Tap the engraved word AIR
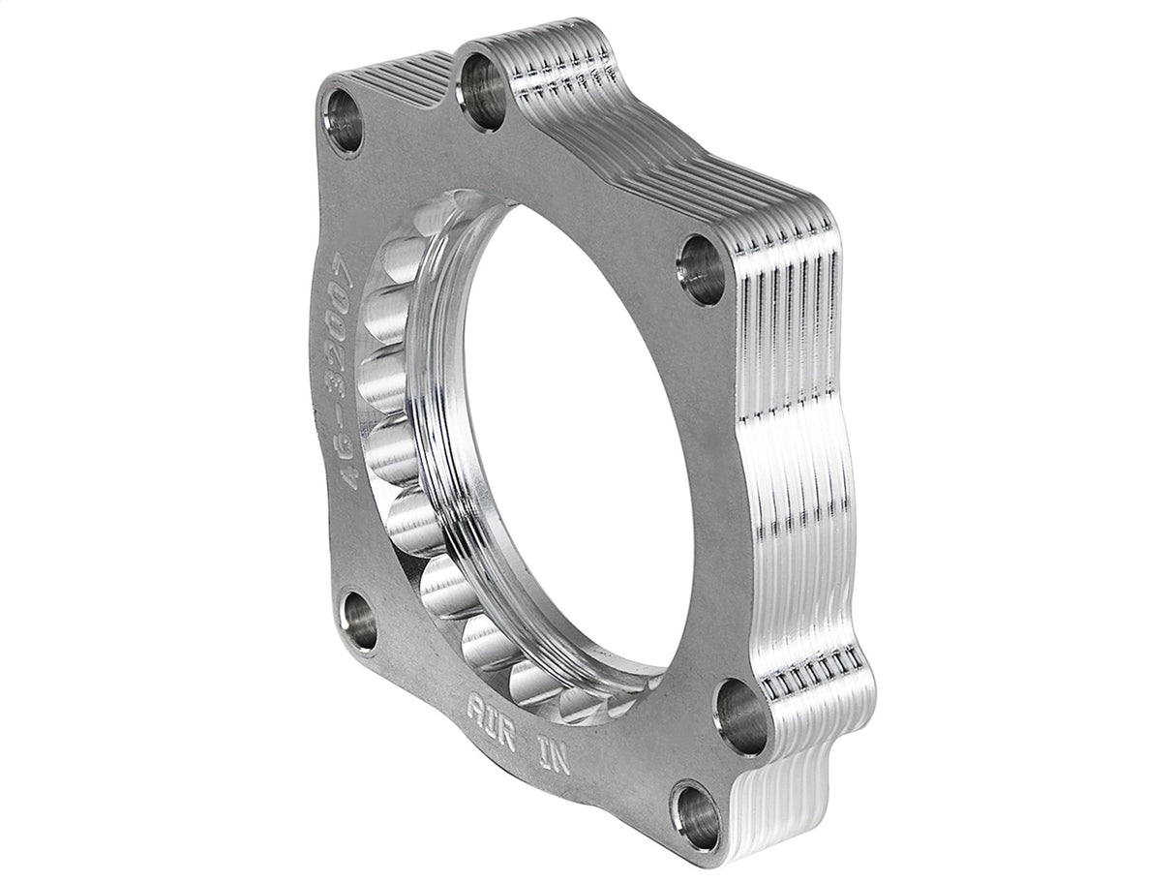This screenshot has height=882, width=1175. tap(491, 711)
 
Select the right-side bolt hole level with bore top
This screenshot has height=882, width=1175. tap(702, 269)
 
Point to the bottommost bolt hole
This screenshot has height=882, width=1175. tap(697, 816)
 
